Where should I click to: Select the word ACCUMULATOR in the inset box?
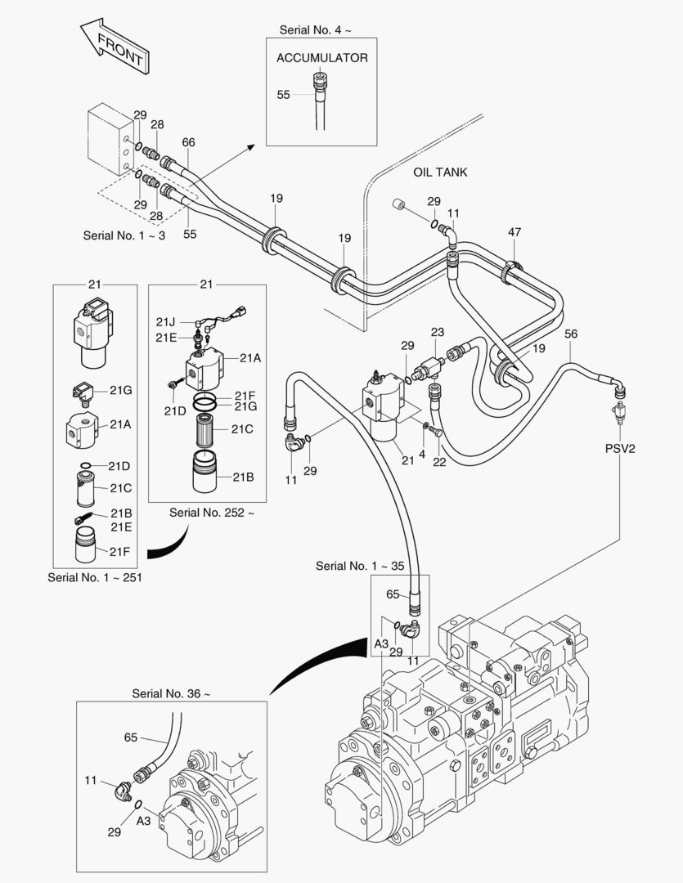[321, 58]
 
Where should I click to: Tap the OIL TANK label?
[440, 173]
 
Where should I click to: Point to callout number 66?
[189, 142]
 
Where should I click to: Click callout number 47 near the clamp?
[514, 233]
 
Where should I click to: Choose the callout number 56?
[571, 334]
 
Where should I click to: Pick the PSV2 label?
[620, 448]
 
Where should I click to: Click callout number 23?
[438, 332]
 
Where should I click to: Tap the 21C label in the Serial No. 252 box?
[242, 428]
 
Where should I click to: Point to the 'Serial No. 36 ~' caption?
[171, 693]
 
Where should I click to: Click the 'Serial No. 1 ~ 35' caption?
[360, 566]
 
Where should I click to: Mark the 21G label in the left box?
[121, 391]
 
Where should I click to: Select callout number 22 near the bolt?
[440, 463]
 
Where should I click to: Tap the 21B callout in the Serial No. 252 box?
[243, 477]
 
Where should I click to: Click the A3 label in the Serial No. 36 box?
[144, 820]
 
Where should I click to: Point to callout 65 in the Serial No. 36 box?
[131, 737]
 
